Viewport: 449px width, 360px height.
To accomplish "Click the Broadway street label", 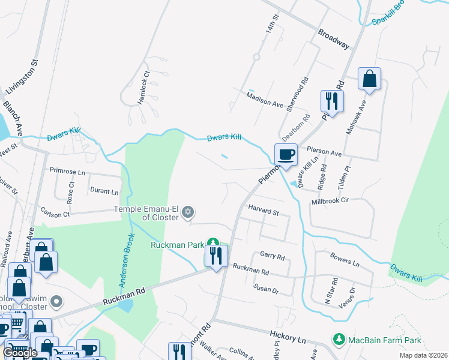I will pos(334,38).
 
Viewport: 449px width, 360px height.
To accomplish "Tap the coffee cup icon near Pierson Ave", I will pos(286,154).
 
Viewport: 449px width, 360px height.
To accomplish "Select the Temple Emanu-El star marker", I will pos(188,211).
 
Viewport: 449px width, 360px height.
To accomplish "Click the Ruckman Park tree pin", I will pos(212,243).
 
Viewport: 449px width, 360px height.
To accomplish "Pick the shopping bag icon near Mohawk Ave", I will pos(370,79).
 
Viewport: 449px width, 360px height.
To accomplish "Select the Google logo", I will pos(20,353).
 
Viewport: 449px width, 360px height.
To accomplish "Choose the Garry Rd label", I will pos(273,256).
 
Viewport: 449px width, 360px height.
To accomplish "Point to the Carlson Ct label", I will pos(55,212).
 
